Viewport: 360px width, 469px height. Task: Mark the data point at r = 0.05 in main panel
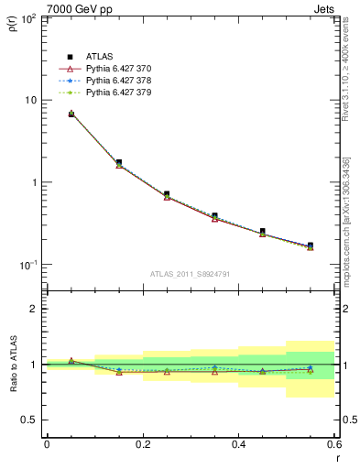click(71, 114)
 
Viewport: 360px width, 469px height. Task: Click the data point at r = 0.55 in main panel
click(311, 245)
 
